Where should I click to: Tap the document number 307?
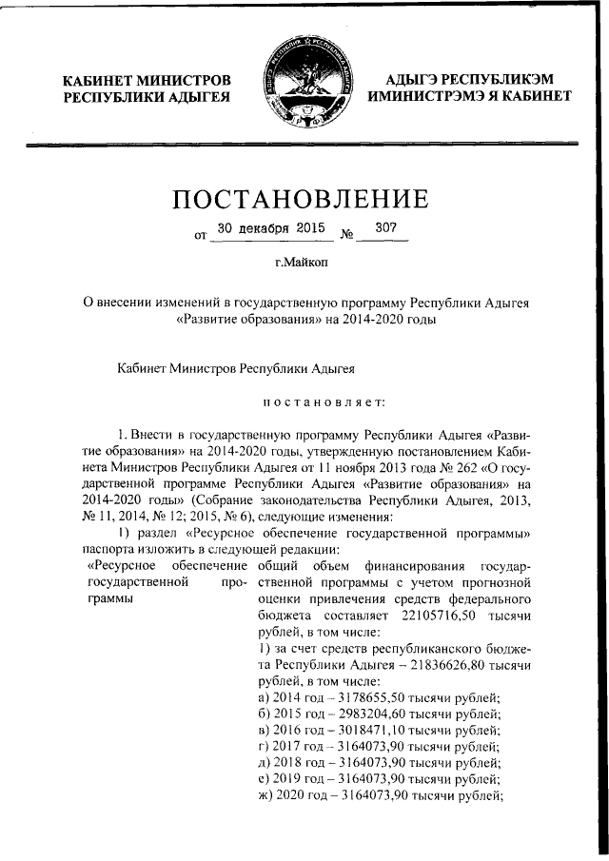click(x=386, y=228)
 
